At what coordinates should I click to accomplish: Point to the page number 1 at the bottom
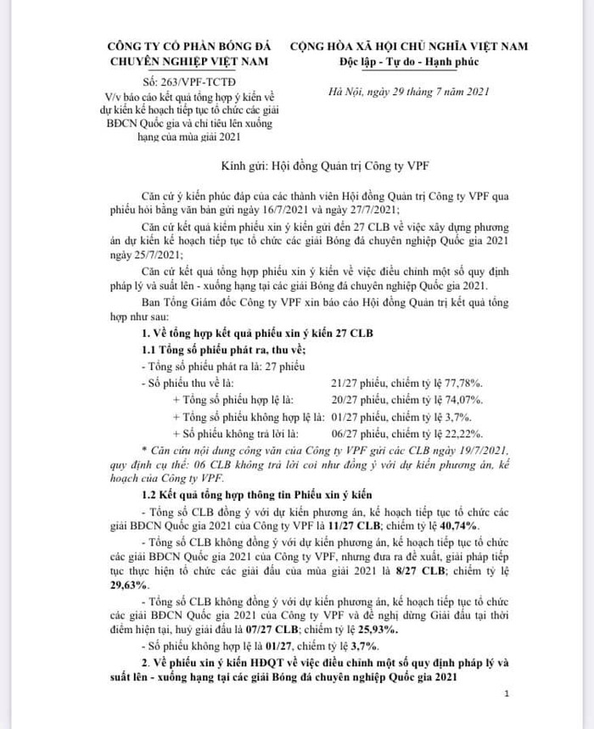tap(506, 693)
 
